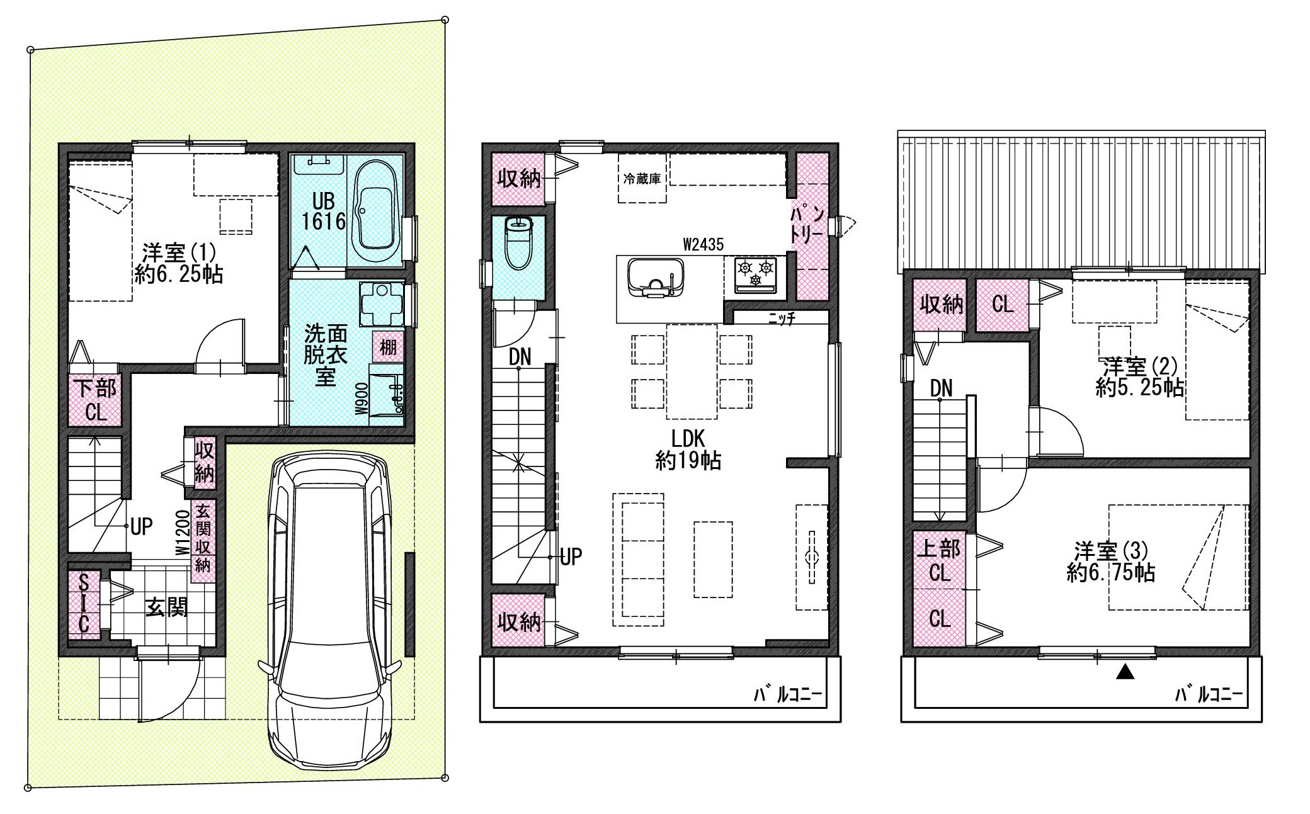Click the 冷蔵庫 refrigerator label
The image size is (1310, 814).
[642, 179]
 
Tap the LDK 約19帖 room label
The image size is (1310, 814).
[688, 449]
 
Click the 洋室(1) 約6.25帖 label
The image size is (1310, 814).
[179, 263]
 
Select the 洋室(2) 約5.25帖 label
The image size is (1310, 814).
[1140, 376]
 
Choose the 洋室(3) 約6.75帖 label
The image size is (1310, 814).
[1111, 562]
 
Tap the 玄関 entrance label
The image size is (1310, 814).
[166, 608]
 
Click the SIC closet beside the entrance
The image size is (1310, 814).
[84, 604]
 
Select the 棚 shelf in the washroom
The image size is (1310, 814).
[388, 346]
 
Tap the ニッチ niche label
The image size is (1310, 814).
[782, 319]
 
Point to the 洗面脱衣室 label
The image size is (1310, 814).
[324, 354]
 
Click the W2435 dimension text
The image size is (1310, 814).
[703, 244]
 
